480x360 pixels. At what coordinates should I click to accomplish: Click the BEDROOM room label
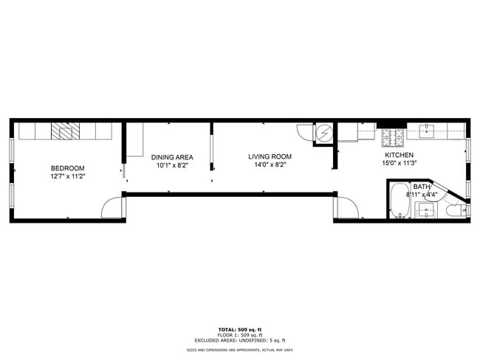tap(67, 167)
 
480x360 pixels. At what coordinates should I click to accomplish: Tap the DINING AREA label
tap(172, 157)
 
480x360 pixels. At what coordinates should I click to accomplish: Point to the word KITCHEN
tap(399, 155)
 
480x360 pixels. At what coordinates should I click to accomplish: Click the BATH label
tap(421, 187)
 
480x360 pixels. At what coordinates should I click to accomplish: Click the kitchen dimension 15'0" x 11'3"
tap(399, 164)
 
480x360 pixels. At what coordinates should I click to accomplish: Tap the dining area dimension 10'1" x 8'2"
tap(172, 166)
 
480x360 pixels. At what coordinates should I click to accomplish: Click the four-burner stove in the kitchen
tap(392, 135)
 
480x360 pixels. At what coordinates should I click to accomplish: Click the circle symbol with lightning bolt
tap(324, 134)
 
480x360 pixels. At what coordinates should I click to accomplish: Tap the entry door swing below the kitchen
tap(347, 208)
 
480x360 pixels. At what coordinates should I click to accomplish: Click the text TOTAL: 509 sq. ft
tap(239, 329)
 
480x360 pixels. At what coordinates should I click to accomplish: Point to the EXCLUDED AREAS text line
tap(239, 340)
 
